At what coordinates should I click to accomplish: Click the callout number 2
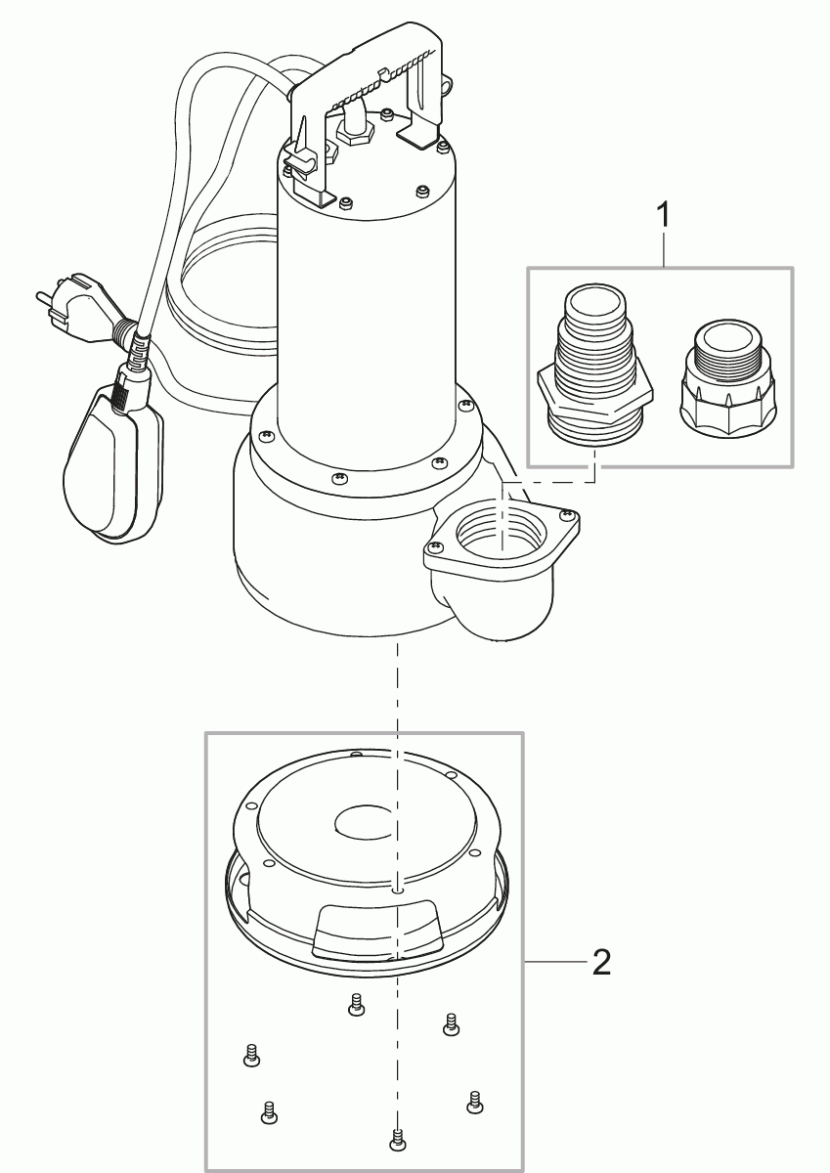pos(601,964)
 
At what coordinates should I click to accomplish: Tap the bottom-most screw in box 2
pos(397,1139)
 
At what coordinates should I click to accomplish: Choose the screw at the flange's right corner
pos(564,512)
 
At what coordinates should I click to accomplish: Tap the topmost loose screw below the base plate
pos(356,1002)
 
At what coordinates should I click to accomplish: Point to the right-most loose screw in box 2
pos(475,1100)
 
